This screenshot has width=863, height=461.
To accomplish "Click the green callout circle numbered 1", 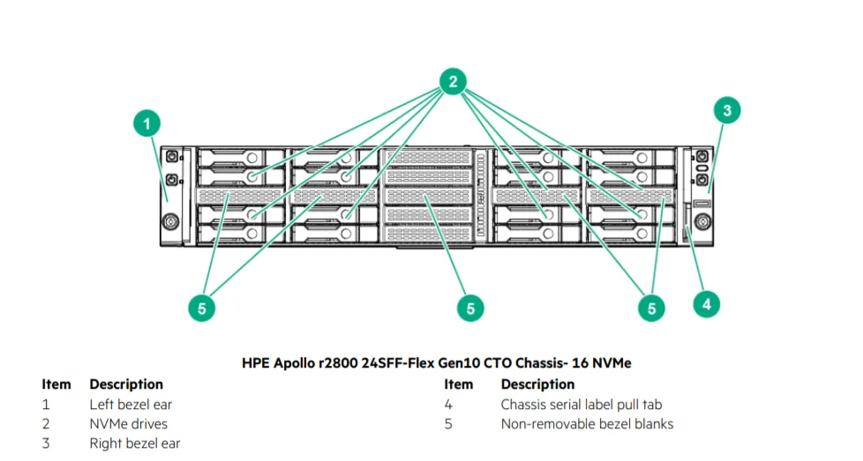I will tap(147, 123).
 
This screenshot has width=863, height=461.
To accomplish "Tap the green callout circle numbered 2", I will tap(453, 81).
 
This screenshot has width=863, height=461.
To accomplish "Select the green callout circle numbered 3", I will tap(726, 110).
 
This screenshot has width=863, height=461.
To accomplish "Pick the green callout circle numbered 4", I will tap(705, 304).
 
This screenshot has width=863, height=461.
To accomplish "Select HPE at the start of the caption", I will tap(257, 362).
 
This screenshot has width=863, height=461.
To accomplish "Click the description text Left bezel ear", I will tap(131, 405).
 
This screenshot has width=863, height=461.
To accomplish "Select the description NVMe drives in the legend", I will tap(128, 424).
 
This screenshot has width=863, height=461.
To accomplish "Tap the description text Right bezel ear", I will tap(134, 443).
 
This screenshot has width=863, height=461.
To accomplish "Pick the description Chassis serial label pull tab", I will tap(581, 405).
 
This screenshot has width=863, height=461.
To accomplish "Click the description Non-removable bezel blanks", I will tap(587, 424).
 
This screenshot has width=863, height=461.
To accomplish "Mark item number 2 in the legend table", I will tap(46, 424).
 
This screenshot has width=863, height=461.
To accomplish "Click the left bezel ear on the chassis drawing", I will tap(170, 194).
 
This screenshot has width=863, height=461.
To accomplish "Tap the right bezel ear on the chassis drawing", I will tap(702, 194).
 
